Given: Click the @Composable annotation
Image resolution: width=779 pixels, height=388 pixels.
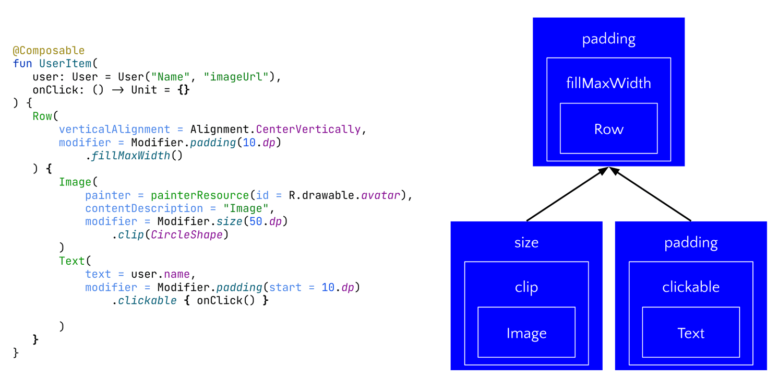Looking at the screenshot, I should pos(49,51).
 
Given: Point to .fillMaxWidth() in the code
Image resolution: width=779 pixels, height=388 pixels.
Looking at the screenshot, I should pos(134,156).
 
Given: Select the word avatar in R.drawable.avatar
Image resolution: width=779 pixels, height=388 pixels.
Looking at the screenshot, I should pos(380,195).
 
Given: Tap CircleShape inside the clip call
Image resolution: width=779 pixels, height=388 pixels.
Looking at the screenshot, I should pos(187,234).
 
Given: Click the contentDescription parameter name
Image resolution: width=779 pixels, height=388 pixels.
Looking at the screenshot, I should pos(144,208).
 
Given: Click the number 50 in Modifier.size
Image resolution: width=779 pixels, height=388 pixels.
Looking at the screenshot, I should pos(256,221).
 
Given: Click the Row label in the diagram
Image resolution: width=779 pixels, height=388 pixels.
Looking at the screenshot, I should pos(608,129).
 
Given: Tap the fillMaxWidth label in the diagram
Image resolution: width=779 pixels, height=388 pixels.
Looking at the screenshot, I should pos(608,83).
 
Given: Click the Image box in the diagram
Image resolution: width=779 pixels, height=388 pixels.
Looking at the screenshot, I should pos(526,333).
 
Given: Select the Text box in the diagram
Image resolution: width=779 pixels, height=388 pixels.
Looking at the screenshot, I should pos(690,333).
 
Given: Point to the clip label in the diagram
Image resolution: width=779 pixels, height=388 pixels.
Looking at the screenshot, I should pos(526,287).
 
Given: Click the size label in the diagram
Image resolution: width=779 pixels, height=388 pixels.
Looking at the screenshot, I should pos(526,242).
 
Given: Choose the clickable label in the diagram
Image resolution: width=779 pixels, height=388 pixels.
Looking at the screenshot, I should pos(690,287).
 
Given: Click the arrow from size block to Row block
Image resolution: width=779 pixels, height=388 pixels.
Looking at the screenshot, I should pos(566,195).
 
